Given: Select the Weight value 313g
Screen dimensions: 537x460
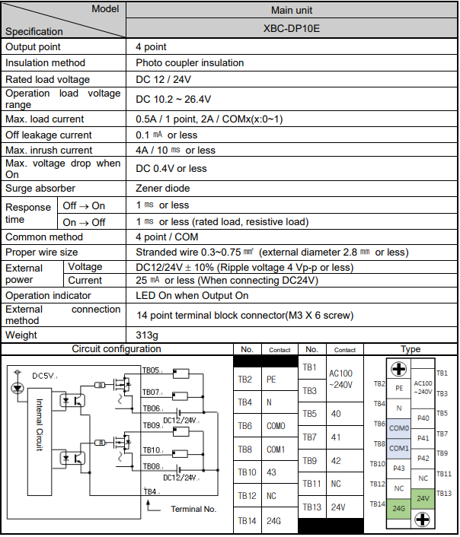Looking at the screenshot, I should pos(147,335).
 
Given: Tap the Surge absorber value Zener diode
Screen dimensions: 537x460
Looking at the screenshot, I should pos(162,188).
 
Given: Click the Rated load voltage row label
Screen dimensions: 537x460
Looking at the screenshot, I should pos(47,79).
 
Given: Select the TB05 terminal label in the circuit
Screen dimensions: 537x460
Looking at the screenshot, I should pos(151,370).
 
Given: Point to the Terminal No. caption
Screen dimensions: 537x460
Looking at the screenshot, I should pos(194,509).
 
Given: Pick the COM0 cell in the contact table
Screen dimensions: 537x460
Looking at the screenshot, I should pos(276,426).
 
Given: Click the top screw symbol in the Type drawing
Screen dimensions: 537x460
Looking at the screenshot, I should pos(398,368).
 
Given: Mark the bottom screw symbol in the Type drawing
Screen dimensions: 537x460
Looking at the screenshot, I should pos(421,520).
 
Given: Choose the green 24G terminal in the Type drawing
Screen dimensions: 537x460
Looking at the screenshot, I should pos(399,508).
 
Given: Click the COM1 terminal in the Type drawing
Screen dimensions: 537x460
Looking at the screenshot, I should pos(399,448).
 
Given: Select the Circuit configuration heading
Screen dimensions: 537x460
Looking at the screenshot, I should pos(117,349).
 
